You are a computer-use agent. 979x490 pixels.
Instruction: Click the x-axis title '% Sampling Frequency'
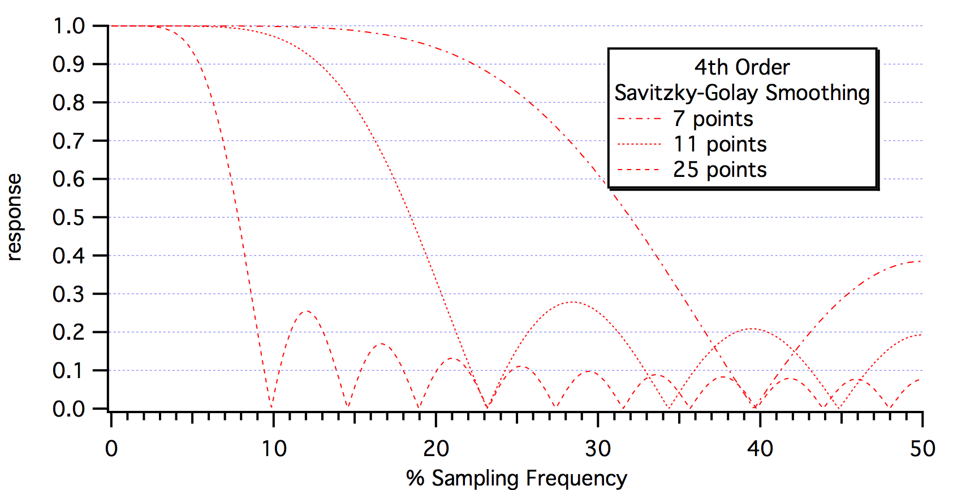[516, 478]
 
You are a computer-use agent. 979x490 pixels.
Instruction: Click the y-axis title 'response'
[14, 217]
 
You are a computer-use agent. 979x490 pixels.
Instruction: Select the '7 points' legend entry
[713, 119]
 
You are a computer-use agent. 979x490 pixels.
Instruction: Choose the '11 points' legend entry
[719, 144]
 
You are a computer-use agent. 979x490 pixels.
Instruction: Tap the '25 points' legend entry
[719, 170]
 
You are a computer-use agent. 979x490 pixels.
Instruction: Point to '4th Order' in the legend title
[741, 67]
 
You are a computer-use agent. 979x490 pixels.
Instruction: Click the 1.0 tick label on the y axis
[68, 26]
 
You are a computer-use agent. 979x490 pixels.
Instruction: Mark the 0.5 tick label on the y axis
[68, 217]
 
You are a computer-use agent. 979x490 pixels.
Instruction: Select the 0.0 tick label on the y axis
[68, 409]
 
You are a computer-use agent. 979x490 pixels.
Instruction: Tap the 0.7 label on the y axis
[68, 141]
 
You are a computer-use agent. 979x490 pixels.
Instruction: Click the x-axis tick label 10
[273, 449]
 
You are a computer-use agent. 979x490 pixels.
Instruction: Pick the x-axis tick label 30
[598, 449]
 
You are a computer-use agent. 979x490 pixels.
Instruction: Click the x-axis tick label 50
[922, 449]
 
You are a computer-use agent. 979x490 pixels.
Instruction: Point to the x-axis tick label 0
[111, 449]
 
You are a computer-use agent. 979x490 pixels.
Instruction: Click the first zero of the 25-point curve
[272, 407]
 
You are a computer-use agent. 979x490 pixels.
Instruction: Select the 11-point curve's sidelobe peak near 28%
[572, 302]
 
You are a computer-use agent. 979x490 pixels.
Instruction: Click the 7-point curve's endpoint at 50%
[921, 261]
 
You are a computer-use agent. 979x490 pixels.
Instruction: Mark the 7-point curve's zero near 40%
[754, 407]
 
